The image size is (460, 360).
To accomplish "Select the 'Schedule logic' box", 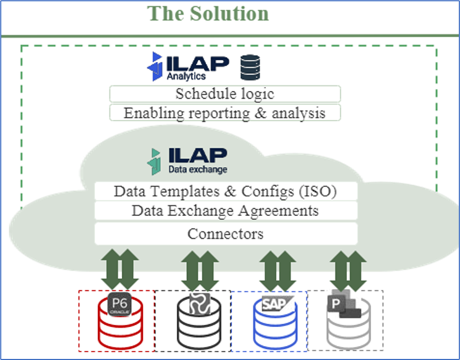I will (x=225, y=94).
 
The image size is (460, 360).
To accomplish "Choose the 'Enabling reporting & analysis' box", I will (x=225, y=112).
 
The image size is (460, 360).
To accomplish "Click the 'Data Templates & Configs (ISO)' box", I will (x=225, y=191).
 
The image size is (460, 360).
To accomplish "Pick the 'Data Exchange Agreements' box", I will (x=225, y=211).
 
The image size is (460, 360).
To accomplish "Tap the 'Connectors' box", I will (x=225, y=234).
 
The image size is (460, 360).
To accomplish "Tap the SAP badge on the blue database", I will (x=275, y=303).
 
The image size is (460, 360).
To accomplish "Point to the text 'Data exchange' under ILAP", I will (x=198, y=169).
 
